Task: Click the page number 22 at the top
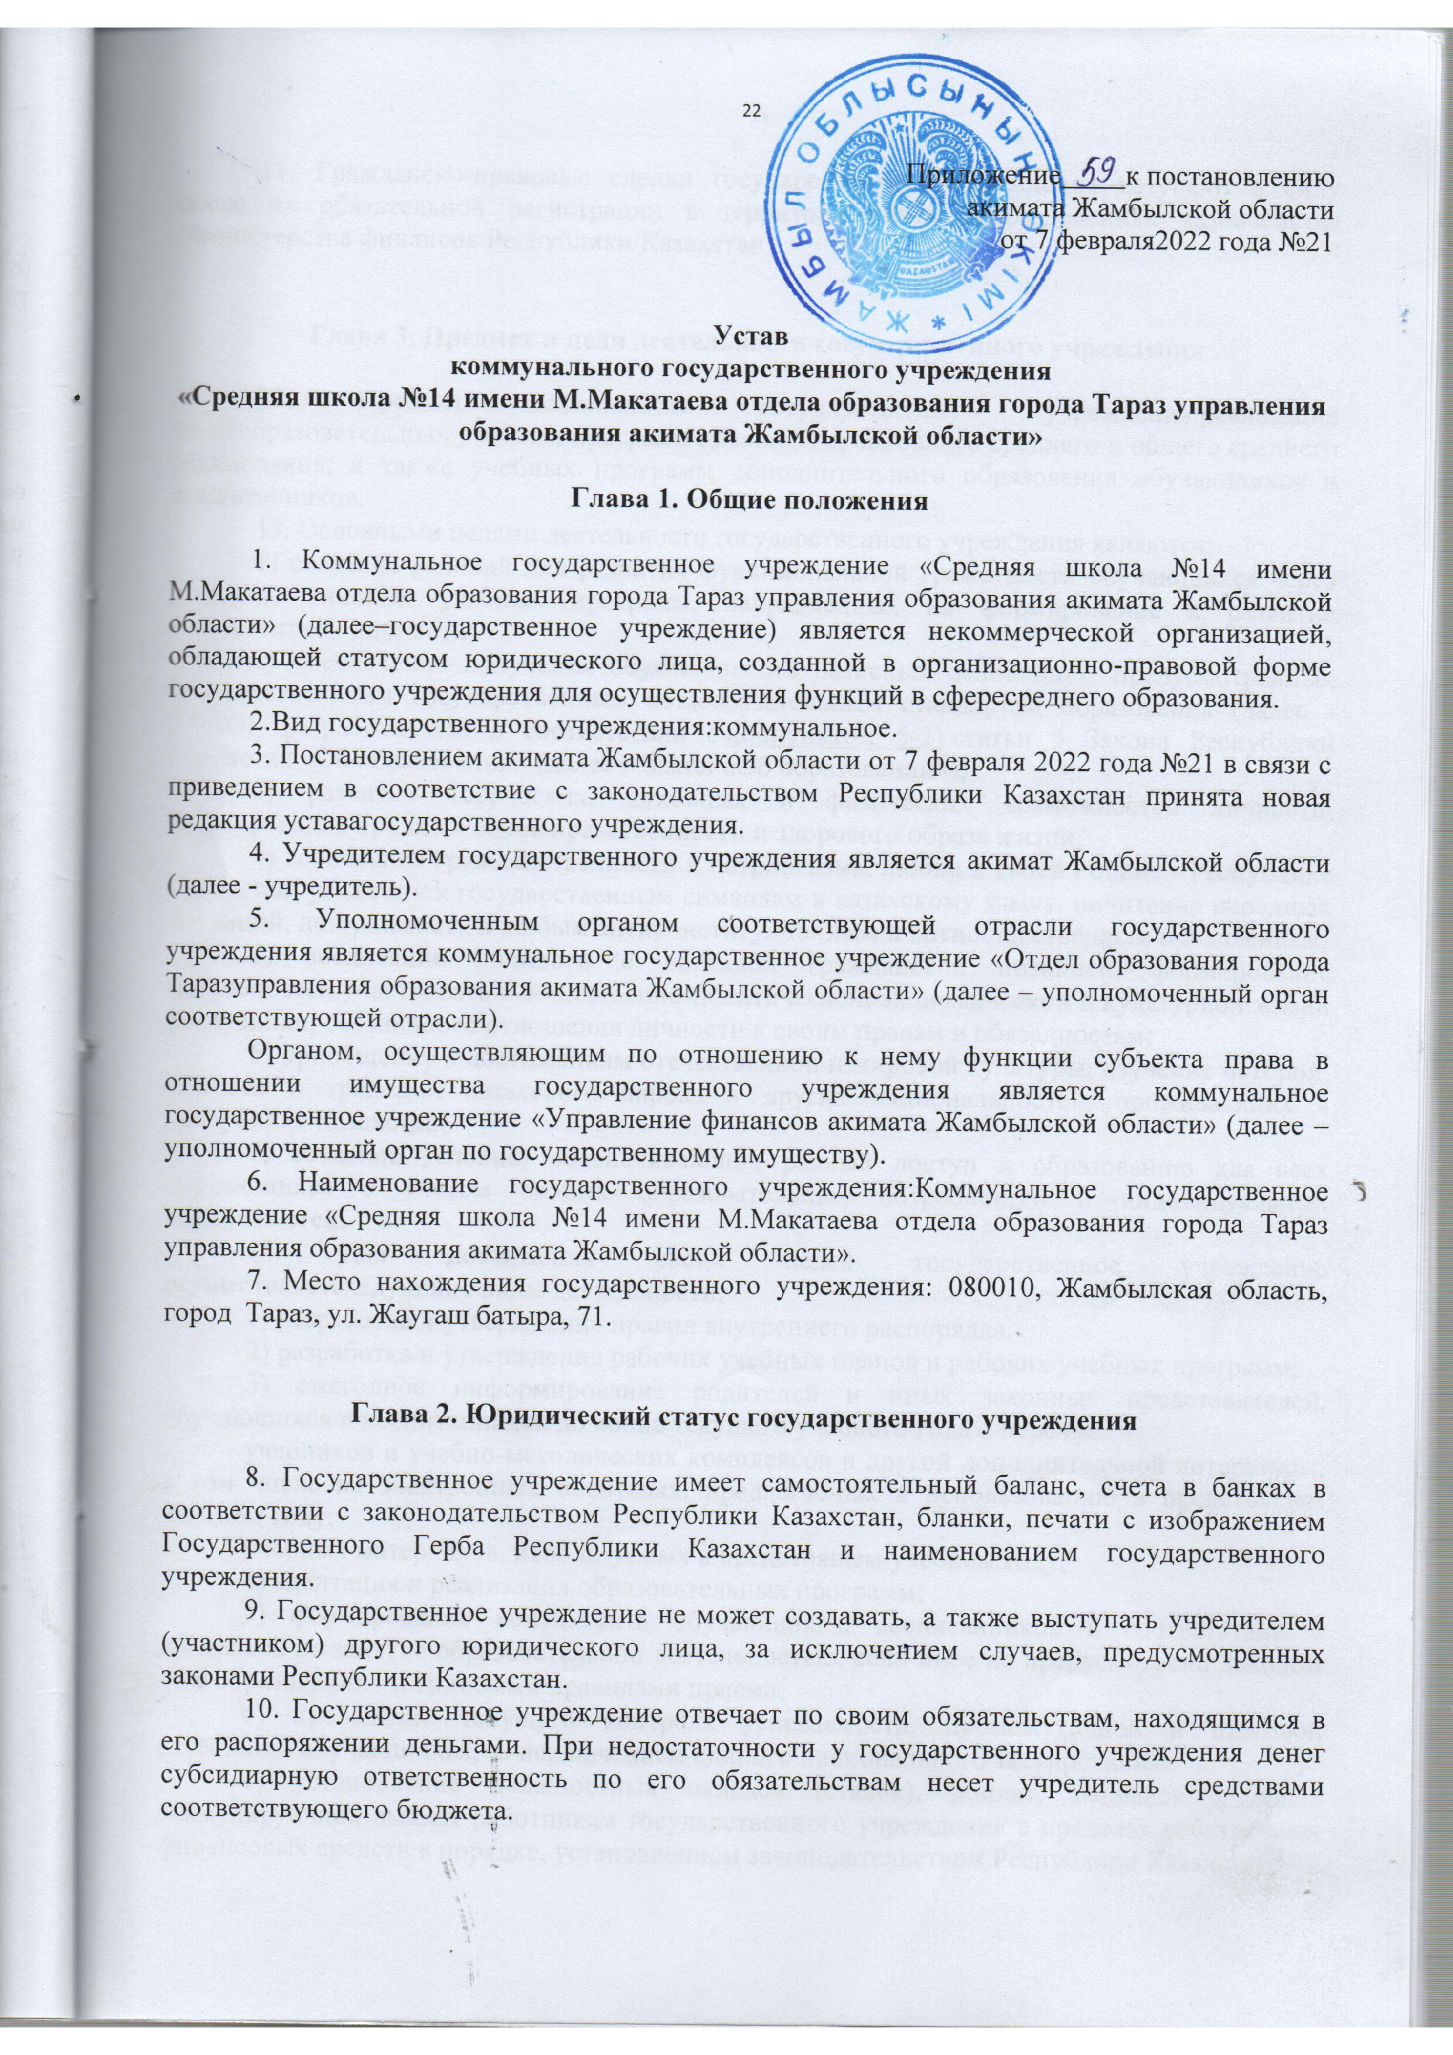pyautogui.click(x=750, y=110)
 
